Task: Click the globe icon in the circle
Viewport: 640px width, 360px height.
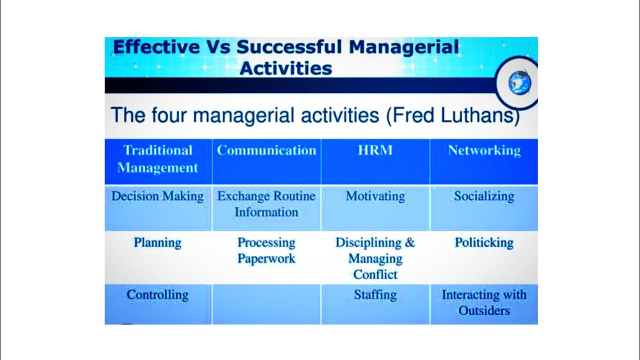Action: tap(519, 82)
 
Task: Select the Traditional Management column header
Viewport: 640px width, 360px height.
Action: tap(158, 159)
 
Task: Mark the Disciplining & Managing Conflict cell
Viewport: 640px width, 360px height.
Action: tap(375, 258)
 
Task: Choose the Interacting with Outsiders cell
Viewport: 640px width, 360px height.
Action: tap(484, 302)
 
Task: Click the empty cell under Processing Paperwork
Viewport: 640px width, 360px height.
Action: tap(266, 304)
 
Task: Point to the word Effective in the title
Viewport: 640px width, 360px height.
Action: tap(156, 47)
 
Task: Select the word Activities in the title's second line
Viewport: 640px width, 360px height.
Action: tap(285, 68)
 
